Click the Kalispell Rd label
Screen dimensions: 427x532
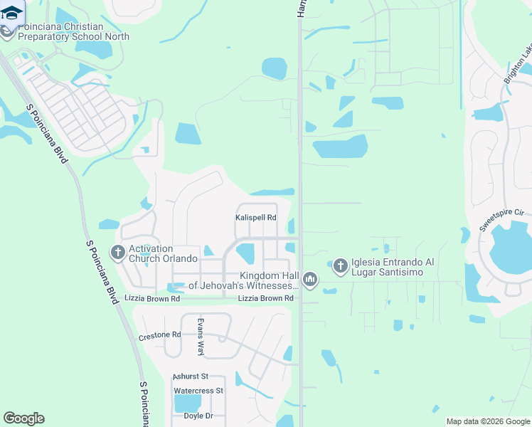(255, 218)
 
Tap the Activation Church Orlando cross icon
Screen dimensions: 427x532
(117, 252)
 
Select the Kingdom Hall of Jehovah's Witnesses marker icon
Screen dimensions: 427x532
(309, 280)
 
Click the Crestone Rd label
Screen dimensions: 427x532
(159, 334)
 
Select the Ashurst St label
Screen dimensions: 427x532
(190, 376)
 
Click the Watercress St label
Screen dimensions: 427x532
(198, 391)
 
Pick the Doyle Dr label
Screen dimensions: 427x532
(198, 416)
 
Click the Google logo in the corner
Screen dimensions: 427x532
(23, 418)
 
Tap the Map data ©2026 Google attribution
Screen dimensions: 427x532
(488, 421)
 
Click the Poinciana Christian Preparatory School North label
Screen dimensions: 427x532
(60, 31)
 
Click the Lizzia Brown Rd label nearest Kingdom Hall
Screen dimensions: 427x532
(265, 298)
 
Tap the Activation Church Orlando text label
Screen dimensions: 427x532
(150, 253)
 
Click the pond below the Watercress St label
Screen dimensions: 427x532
(186, 404)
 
